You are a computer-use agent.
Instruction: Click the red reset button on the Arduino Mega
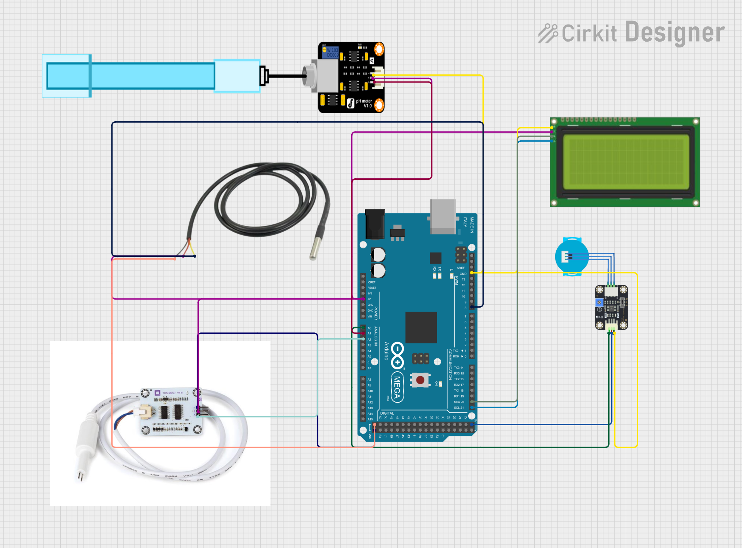tap(420, 380)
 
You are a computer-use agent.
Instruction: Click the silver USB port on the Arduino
tap(443, 216)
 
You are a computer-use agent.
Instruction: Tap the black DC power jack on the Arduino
tap(375, 224)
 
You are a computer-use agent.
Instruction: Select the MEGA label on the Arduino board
tap(397, 387)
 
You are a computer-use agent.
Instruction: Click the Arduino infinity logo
tap(397, 355)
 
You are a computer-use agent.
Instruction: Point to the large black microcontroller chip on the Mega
tap(421, 327)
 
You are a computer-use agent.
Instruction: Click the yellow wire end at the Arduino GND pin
tap(472, 273)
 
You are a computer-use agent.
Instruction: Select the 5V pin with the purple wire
tap(363, 299)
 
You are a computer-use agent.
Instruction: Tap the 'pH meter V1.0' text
tap(364, 103)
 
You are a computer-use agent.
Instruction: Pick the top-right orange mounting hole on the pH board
tap(379, 49)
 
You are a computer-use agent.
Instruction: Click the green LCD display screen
tap(625, 162)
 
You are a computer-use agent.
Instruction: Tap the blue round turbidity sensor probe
tap(572, 256)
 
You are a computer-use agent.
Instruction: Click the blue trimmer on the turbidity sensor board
tap(599, 302)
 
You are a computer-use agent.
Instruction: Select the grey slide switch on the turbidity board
tap(622, 302)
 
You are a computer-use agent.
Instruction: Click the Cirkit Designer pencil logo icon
tap(548, 34)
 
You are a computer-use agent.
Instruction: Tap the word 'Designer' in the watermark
tap(675, 33)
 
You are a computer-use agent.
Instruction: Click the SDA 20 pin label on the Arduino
tap(459, 402)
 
